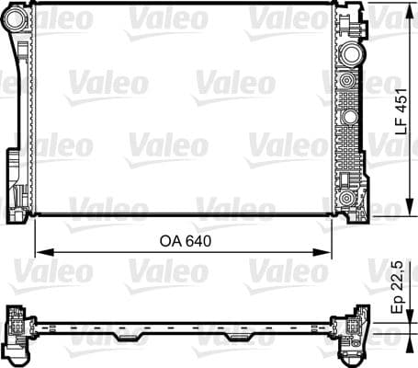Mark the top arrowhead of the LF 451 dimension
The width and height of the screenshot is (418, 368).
click(x=407, y=8)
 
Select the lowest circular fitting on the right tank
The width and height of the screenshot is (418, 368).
click(x=347, y=197)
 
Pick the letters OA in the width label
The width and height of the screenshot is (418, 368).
click(x=168, y=242)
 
